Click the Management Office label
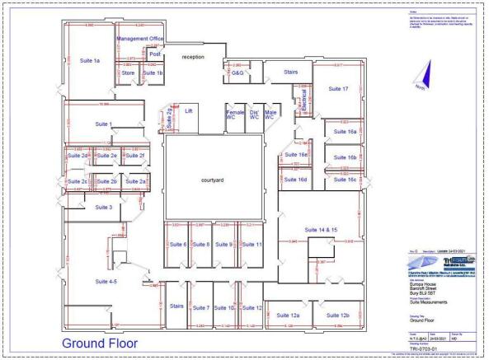[140, 39]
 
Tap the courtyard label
[213, 180]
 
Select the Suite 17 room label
[337, 88]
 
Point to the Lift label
[189, 110]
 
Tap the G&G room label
[237, 73]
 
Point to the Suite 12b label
[339, 316]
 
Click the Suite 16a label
[345, 132]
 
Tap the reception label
[193, 57]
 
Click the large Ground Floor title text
[100, 342]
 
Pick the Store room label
[128, 73]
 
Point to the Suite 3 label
[103, 208]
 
